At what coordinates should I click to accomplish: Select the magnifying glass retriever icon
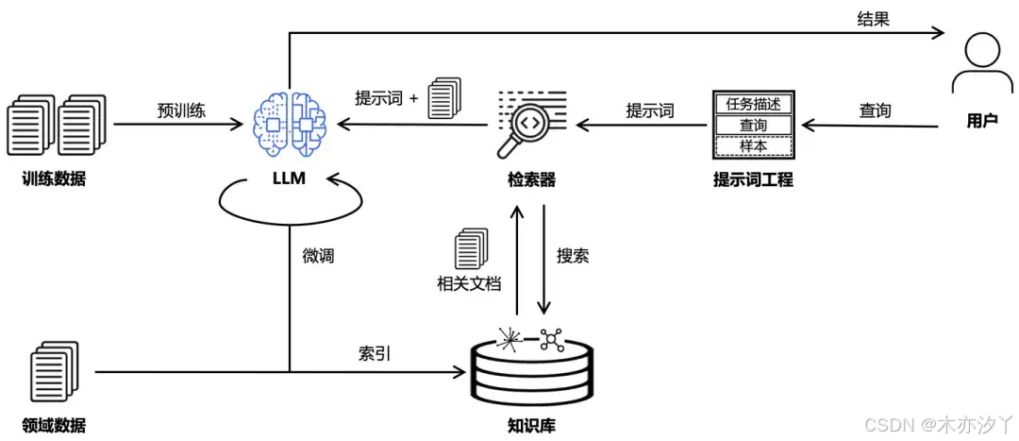click(x=527, y=124)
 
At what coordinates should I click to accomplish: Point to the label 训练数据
click(x=54, y=178)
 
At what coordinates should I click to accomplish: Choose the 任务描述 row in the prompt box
click(x=753, y=104)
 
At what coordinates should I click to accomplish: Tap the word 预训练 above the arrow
click(x=181, y=110)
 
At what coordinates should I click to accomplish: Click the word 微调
click(x=318, y=254)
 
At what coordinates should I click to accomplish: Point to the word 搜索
click(x=574, y=256)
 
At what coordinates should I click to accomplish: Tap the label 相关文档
click(x=468, y=282)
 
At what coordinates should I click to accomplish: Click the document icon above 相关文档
click(x=469, y=248)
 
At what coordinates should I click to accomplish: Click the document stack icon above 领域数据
click(x=55, y=372)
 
